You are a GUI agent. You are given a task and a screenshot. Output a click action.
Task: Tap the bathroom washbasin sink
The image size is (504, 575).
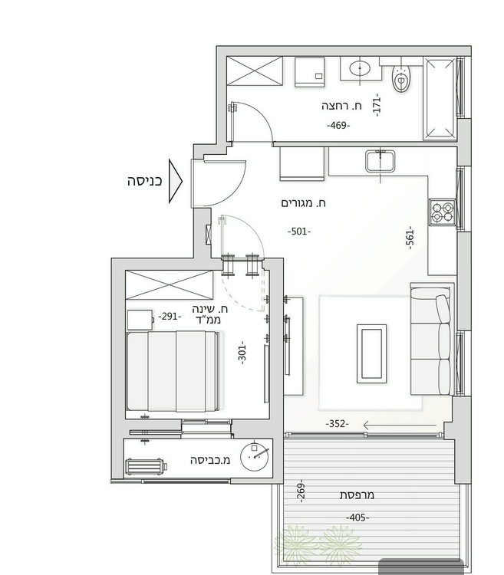360,68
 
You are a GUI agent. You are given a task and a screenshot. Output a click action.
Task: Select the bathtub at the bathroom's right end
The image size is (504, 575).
440,98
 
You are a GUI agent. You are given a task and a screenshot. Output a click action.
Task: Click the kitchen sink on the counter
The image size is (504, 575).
380,161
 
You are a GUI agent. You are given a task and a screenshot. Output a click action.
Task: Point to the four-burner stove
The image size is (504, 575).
443,212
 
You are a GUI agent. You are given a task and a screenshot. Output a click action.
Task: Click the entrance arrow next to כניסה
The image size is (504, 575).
175,181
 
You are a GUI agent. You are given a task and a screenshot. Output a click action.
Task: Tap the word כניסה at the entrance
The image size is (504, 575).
144,182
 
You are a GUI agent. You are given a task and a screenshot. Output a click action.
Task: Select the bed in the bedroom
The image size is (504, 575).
173,371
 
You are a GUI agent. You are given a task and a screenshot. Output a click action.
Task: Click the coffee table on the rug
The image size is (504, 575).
371,354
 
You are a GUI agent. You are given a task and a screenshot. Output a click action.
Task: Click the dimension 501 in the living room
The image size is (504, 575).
299,232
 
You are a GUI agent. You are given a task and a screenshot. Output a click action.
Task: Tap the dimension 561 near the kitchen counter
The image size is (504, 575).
410,238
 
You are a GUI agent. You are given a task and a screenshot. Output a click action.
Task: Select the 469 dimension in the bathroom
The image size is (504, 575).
338,126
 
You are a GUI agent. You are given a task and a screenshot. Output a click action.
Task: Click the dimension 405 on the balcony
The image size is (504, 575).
357,517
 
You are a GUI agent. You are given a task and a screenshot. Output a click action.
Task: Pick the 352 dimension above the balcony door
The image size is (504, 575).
337,424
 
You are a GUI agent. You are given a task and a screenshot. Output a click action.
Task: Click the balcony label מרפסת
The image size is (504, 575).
357,495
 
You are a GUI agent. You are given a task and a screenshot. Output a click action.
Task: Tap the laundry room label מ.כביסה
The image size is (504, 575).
210,460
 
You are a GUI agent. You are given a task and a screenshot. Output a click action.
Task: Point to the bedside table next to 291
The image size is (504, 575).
140,320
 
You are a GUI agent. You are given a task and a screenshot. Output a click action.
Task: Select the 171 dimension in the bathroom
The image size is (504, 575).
377,105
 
